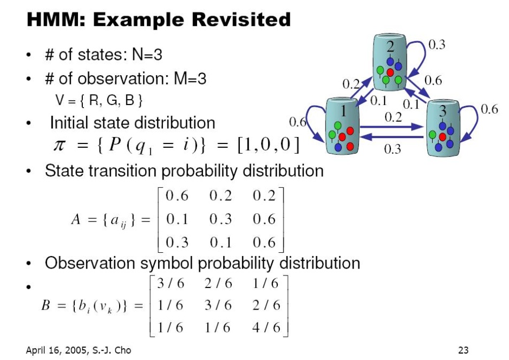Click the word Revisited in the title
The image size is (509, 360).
[x=241, y=19]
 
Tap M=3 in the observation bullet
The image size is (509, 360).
[x=190, y=78]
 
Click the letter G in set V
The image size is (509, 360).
[x=112, y=100]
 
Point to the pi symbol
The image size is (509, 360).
[x=59, y=145]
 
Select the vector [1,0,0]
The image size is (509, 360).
[x=268, y=145]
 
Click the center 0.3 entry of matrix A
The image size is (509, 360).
[x=220, y=219]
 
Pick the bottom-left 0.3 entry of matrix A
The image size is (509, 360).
[x=177, y=243]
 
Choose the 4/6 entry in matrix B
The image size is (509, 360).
[x=266, y=327]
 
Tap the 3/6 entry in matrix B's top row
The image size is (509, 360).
[x=171, y=283]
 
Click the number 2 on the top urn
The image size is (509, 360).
[x=390, y=47]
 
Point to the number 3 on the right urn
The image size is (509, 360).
[x=443, y=111]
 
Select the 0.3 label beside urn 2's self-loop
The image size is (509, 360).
[x=436, y=44]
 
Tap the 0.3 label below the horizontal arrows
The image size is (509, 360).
[x=392, y=149]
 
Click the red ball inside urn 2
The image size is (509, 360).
[x=390, y=73]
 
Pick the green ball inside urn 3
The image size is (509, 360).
[x=433, y=134]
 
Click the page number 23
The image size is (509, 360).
[x=463, y=350]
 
